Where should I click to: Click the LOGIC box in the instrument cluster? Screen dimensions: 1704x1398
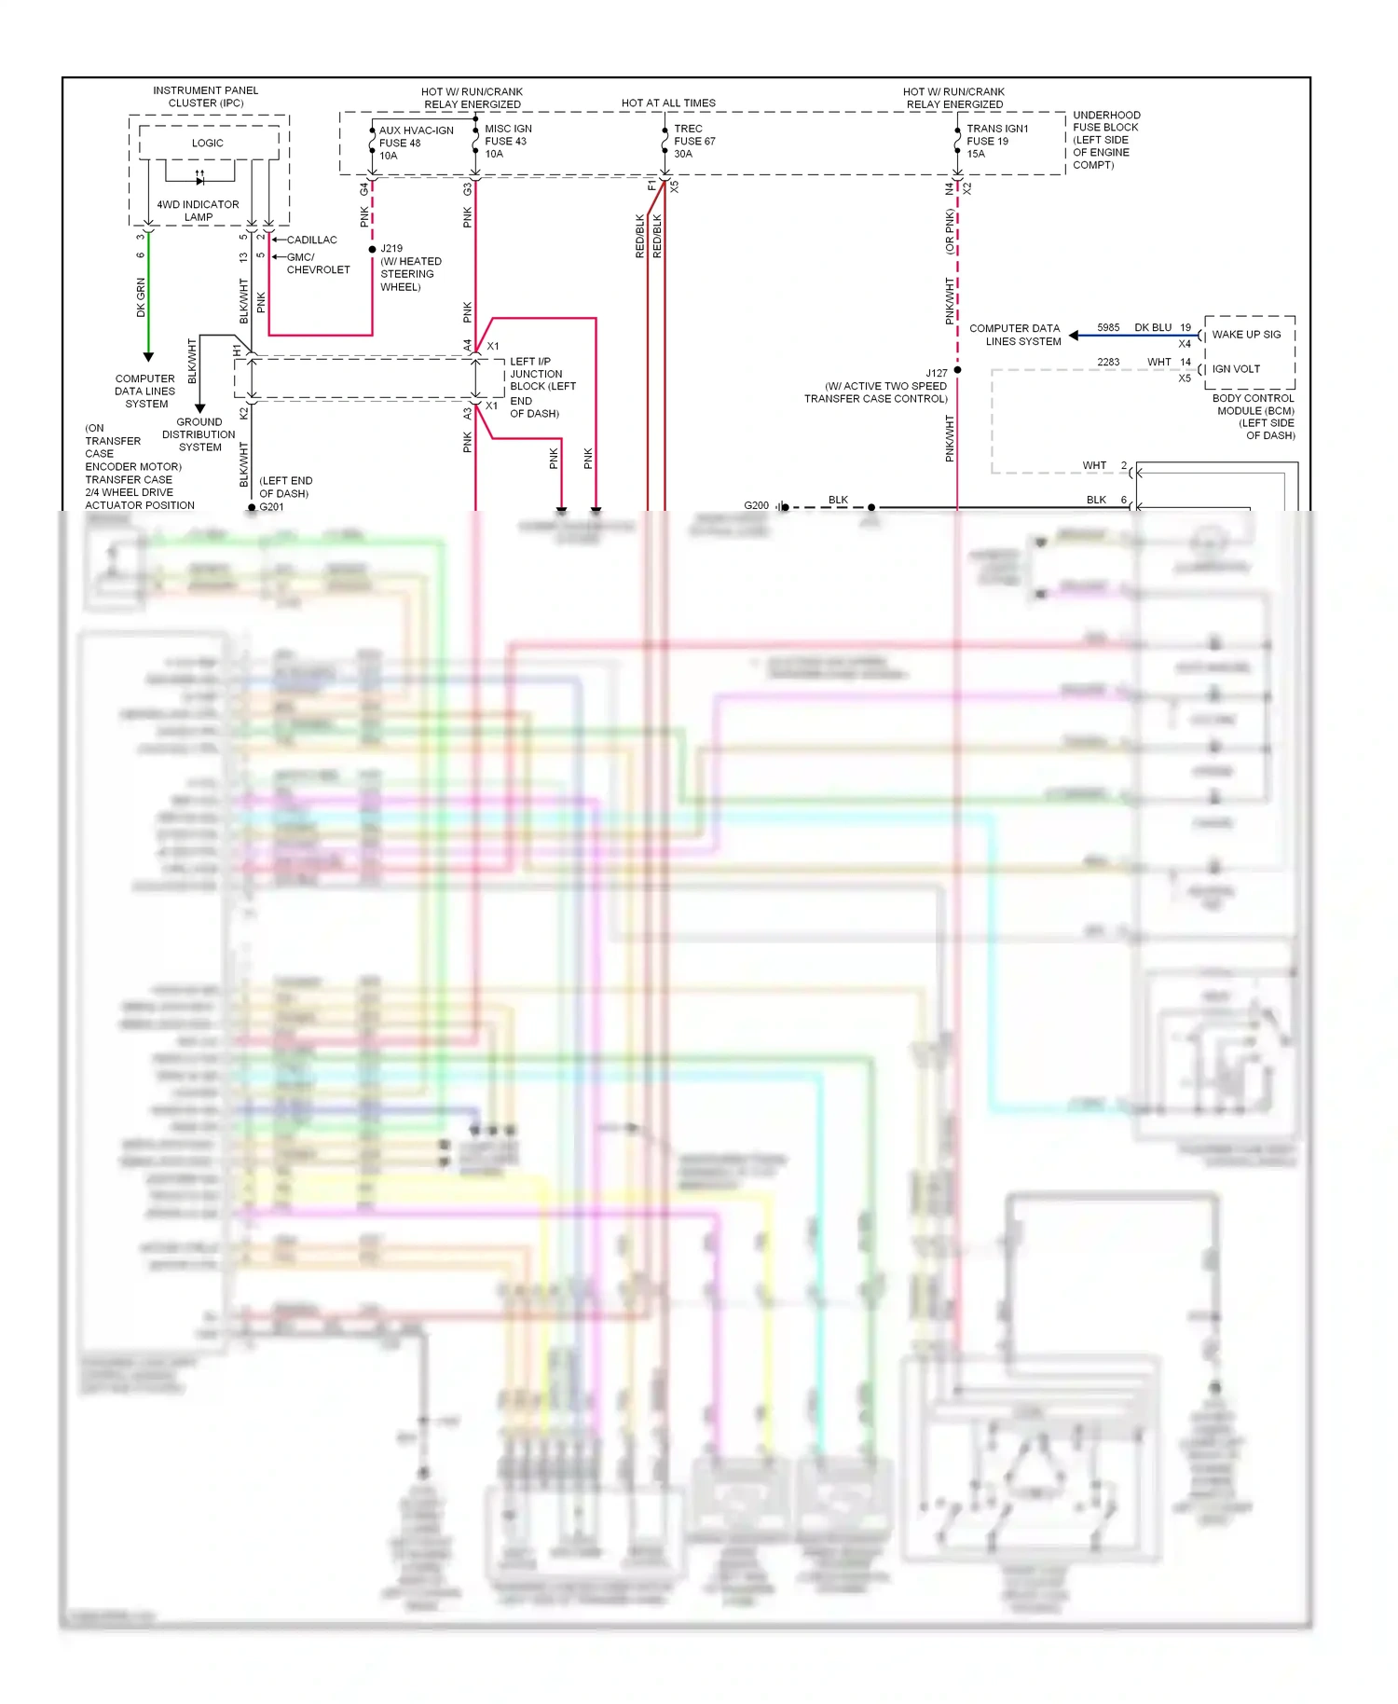[208, 143]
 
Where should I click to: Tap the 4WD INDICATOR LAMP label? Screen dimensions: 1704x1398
[198, 211]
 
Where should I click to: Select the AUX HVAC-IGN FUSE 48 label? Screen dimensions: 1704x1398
[416, 143]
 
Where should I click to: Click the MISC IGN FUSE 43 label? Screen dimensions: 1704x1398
[508, 141]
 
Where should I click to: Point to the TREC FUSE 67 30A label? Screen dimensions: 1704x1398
[694, 141]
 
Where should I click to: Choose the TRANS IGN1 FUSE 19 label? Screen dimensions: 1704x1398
[996, 141]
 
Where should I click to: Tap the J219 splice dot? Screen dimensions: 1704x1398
[373, 249]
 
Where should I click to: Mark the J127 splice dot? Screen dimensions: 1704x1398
[957, 370]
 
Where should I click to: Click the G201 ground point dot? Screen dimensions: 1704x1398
[252, 507]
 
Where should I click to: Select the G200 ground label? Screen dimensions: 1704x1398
[756, 505]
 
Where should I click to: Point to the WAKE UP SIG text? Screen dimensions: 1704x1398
[1246, 334]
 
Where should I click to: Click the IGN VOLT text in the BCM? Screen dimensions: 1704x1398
[1236, 368]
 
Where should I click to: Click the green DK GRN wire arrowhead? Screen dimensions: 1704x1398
[147, 356]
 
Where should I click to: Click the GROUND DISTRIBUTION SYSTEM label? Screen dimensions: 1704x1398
[199, 434]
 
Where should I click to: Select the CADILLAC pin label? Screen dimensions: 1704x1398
[311, 240]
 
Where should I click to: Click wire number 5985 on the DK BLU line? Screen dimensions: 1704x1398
[1108, 327]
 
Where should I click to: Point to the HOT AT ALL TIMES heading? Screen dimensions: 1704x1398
[668, 103]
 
